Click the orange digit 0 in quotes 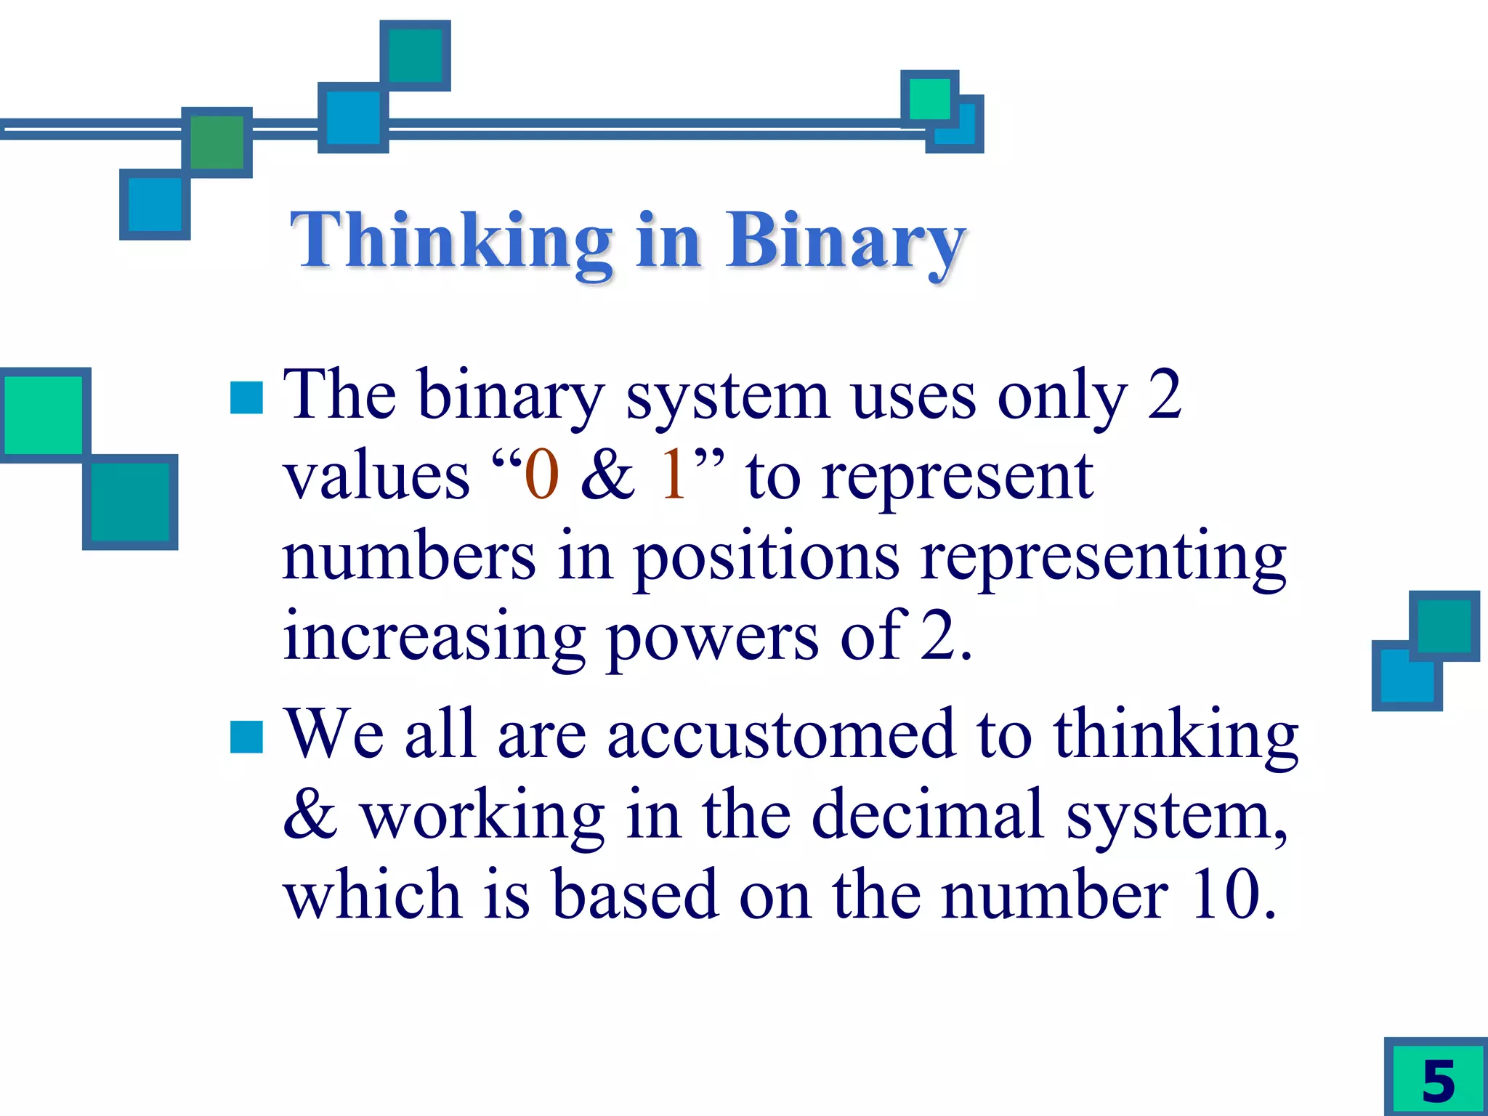[x=541, y=475]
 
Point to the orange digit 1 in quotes [x=673, y=475]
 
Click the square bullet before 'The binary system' [x=246, y=397]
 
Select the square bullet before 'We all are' [x=246, y=737]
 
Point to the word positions [x=766, y=558]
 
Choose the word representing [x=1103, y=558]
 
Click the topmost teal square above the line [x=415, y=55]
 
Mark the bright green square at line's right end [x=929, y=99]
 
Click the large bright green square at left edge [x=44, y=415]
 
